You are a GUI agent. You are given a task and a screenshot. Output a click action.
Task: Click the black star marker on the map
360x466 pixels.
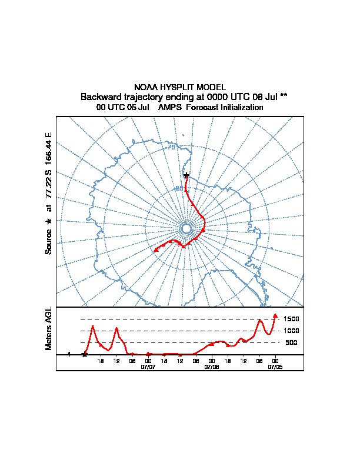tap(186, 175)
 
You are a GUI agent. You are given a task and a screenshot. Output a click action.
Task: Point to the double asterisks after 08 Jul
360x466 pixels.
tap(283, 96)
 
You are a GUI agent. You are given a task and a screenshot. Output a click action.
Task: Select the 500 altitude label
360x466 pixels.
tap(291, 342)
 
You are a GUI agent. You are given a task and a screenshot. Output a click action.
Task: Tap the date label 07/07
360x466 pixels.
tap(148, 366)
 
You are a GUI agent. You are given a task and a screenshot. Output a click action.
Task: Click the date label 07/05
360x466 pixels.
tap(275, 366)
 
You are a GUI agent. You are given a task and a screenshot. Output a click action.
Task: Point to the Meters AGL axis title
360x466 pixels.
tap(49, 329)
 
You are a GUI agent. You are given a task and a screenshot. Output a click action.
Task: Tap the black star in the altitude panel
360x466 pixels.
tap(85, 354)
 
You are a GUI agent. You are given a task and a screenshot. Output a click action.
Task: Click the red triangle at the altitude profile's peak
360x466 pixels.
tap(275, 315)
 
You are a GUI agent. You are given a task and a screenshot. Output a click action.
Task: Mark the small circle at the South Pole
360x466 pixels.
tap(186, 228)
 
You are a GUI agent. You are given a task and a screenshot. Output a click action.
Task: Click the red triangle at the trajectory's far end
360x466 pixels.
tap(156, 250)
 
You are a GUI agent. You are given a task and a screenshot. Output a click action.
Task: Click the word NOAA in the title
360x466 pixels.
tap(145, 87)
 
